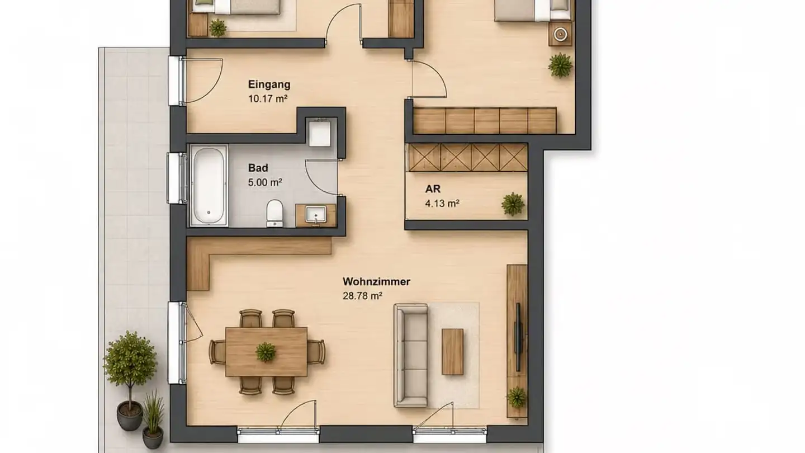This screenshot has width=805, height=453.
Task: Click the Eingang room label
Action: (x=269, y=84)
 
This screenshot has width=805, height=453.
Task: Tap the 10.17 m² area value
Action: (x=268, y=98)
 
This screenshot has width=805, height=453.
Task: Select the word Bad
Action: (x=258, y=168)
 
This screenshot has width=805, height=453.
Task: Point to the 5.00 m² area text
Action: (x=265, y=182)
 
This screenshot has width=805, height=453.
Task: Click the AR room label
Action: (x=433, y=189)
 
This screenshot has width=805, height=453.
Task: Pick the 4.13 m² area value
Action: (x=442, y=204)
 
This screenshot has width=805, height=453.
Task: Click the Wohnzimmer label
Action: (x=376, y=281)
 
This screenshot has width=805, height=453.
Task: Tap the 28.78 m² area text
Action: (x=362, y=296)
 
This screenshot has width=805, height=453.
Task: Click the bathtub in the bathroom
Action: (x=209, y=186)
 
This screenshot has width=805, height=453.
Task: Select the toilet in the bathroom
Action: (x=274, y=213)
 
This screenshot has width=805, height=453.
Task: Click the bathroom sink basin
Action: (x=315, y=215)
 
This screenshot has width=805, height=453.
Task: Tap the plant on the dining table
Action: (x=266, y=352)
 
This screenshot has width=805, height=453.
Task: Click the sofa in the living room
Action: (x=411, y=355)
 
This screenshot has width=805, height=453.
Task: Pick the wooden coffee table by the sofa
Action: (x=452, y=352)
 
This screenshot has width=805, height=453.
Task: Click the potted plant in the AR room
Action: (x=513, y=204)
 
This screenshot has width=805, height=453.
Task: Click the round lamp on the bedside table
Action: (x=560, y=35)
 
